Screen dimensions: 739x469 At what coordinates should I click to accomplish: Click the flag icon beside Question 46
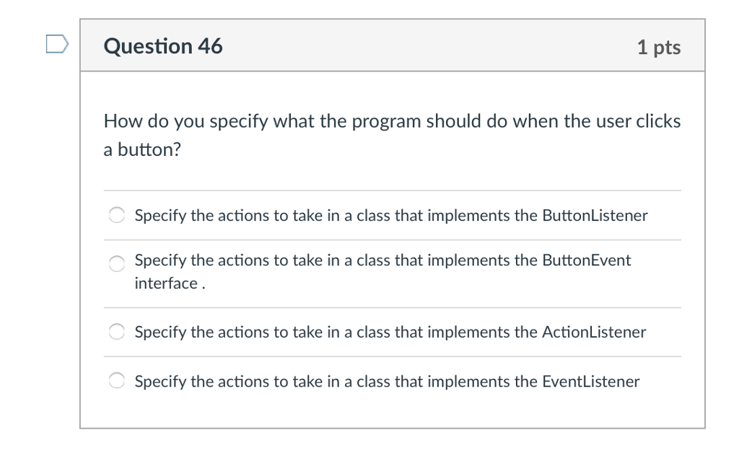point(58,44)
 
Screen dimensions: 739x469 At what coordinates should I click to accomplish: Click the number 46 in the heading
point(210,46)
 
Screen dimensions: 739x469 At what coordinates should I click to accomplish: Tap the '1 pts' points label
point(659,47)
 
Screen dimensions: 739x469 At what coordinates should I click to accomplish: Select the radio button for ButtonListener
point(116,215)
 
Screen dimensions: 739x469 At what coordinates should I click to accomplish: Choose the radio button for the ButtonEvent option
point(116,263)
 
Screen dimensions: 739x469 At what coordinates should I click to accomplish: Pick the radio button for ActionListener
point(116,331)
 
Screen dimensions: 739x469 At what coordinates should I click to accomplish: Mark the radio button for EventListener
point(116,380)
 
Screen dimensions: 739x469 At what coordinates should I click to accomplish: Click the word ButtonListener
point(595,216)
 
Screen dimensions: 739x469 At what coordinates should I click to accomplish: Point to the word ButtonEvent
point(586,260)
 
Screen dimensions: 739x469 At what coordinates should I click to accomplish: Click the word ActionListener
point(594,332)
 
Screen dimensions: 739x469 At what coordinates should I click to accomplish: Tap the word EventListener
point(591,381)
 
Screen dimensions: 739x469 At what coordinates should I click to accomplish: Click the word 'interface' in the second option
point(166,284)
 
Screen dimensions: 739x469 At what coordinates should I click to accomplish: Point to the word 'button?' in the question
point(149,149)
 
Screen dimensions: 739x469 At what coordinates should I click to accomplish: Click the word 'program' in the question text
point(386,122)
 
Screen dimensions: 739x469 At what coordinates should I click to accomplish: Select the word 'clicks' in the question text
point(658,121)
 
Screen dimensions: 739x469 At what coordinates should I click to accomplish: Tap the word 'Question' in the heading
point(148,47)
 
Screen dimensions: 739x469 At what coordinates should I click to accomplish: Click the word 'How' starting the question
point(123,121)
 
